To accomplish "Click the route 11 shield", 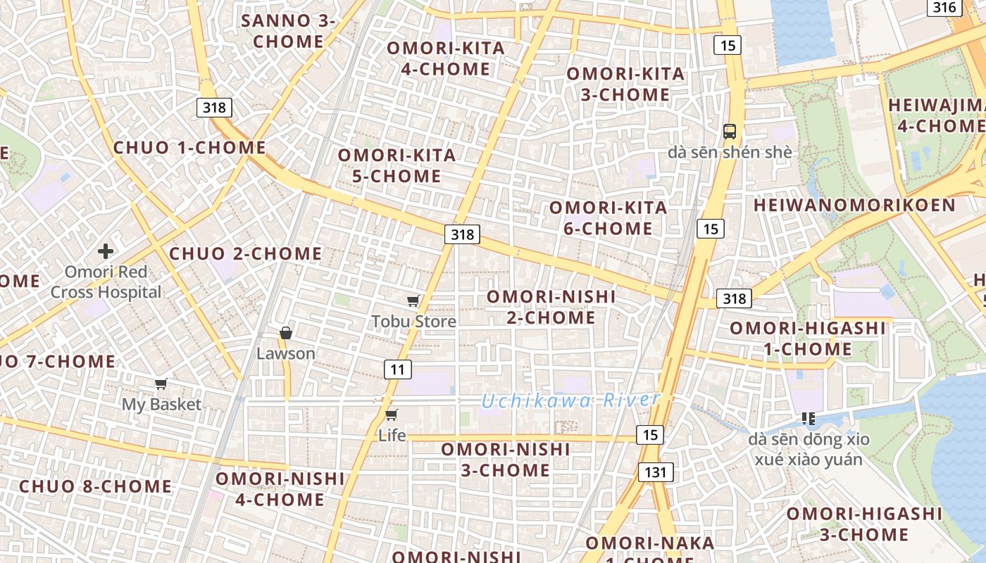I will tap(398, 369).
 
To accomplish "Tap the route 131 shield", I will tap(656, 472).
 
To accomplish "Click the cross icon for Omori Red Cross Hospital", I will tap(106, 251).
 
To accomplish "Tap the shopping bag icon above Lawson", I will tap(286, 333).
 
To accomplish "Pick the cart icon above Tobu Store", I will tap(413, 301).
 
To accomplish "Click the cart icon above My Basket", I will tap(161, 384).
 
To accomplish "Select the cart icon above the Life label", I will tap(392, 415).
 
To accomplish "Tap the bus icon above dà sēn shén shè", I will tap(730, 131).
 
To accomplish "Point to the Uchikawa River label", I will tap(571, 400).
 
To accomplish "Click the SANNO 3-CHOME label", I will tap(288, 31).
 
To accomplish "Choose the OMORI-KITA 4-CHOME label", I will tap(446, 58).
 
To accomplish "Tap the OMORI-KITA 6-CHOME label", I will tap(608, 218).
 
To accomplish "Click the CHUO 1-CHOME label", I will tap(189, 148).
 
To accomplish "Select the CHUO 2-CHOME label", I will tap(245, 253).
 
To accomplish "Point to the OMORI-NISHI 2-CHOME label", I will tap(551, 307).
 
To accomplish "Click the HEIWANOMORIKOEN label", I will tap(854, 205).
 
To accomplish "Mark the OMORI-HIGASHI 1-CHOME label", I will tap(807, 339).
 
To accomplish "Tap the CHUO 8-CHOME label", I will tap(95, 486).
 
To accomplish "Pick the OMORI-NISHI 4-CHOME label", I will tap(280, 489).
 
